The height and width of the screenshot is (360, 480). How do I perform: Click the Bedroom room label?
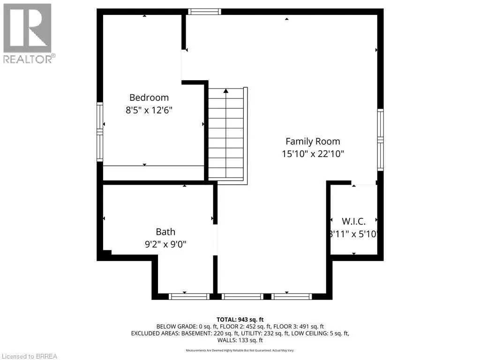(149, 97)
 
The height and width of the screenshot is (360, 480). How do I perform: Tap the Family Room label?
(313, 141)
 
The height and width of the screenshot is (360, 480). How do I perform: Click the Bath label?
(165, 232)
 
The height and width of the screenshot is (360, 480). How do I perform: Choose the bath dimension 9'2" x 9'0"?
(165, 244)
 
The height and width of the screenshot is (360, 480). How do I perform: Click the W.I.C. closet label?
(353, 221)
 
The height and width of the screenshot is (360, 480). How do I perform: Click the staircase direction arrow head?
(226, 90)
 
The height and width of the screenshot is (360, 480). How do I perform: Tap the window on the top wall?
(204, 11)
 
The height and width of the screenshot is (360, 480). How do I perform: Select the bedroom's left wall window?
(100, 132)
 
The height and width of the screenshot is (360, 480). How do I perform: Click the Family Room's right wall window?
(380, 140)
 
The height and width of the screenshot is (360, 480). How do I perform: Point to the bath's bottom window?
(189, 296)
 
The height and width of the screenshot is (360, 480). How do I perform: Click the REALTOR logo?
(28, 33)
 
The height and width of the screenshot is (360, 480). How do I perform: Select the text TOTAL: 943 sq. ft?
(240, 319)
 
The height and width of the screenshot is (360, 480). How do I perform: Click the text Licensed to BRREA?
(29, 356)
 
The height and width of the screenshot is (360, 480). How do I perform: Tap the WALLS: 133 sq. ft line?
(240, 340)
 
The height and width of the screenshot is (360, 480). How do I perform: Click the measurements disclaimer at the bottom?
(240, 350)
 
